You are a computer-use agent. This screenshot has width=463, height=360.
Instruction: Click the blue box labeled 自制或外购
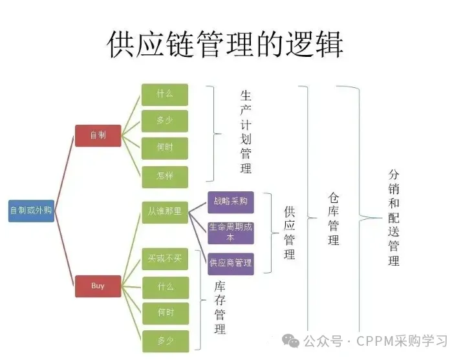[x=31, y=211]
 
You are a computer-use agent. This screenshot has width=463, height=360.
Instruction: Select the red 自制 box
[x=98, y=136]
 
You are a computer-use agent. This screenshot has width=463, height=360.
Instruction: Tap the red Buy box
[x=98, y=286]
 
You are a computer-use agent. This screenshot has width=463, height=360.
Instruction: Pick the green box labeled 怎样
[x=165, y=176]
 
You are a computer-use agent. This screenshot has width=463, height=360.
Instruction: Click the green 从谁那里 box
[x=165, y=212]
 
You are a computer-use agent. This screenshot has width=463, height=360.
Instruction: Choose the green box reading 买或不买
[x=165, y=259]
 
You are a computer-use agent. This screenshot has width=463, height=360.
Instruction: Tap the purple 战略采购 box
[x=231, y=202]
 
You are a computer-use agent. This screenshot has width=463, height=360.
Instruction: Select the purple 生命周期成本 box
[x=231, y=233]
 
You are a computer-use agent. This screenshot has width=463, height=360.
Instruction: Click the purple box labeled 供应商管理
[x=231, y=264]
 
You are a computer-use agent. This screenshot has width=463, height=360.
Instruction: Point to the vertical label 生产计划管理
[x=246, y=132]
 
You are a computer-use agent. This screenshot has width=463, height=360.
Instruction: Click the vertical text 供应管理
[x=290, y=233]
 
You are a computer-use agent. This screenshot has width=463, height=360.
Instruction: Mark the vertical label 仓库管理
[x=334, y=218]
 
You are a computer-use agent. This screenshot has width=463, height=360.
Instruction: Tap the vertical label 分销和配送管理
[x=394, y=217]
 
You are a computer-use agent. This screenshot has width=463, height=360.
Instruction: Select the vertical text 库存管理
[x=220, y=308]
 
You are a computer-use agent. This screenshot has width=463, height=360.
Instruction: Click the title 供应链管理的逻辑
[x=225, y=44]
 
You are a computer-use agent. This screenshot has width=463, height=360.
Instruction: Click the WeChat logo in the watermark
[x=290, y=341]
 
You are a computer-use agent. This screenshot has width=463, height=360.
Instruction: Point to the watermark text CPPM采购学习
[x=402, y=341]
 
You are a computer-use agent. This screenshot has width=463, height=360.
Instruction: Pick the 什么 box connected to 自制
[x=165, y=95]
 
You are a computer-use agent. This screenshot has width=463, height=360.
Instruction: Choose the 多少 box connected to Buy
[x=166, y=341]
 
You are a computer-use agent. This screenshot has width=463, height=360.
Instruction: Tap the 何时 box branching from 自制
[x=165, y=148]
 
